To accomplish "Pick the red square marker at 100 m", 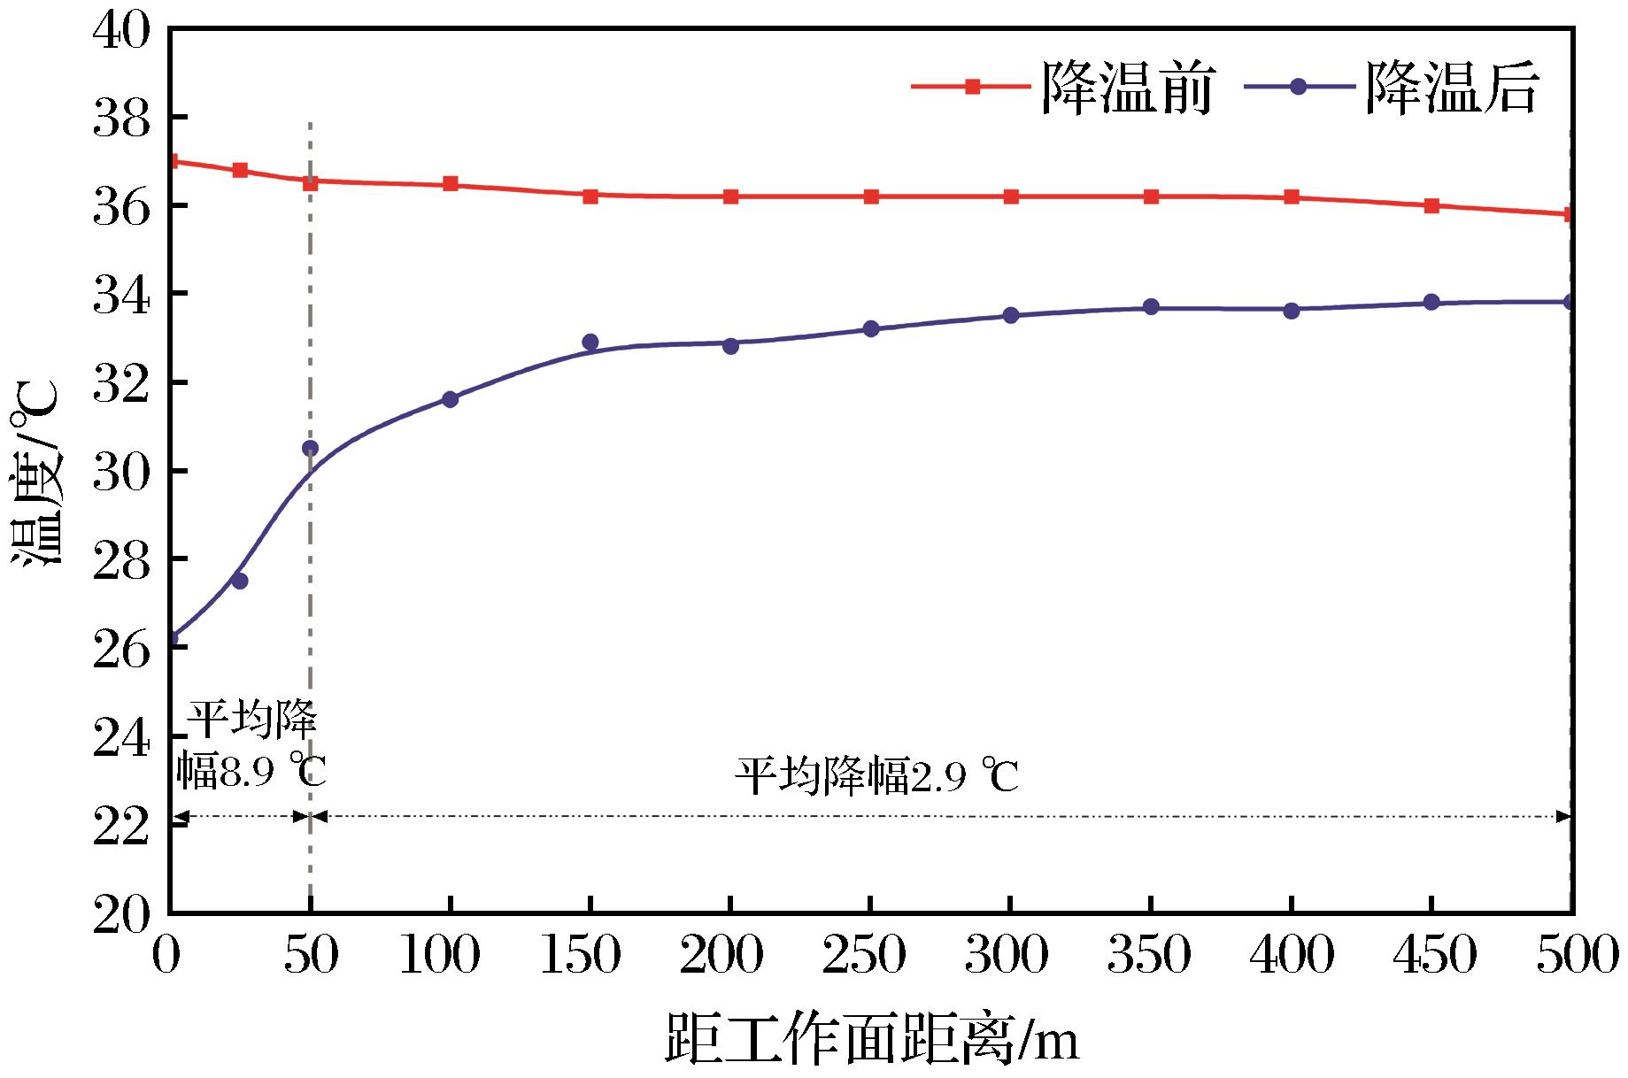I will point(450,184).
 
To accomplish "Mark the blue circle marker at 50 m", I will point(310,449).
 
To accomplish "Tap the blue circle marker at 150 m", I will point(590,342).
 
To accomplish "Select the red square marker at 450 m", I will point(1431,205).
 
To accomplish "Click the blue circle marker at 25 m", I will point(239,581).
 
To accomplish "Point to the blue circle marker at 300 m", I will point(1011,315).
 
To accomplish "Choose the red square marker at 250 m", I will point(871,196).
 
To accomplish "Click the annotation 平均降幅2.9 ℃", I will point(876,778).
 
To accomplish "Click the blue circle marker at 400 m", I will point(1292,311).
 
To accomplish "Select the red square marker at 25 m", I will point(239,170).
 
